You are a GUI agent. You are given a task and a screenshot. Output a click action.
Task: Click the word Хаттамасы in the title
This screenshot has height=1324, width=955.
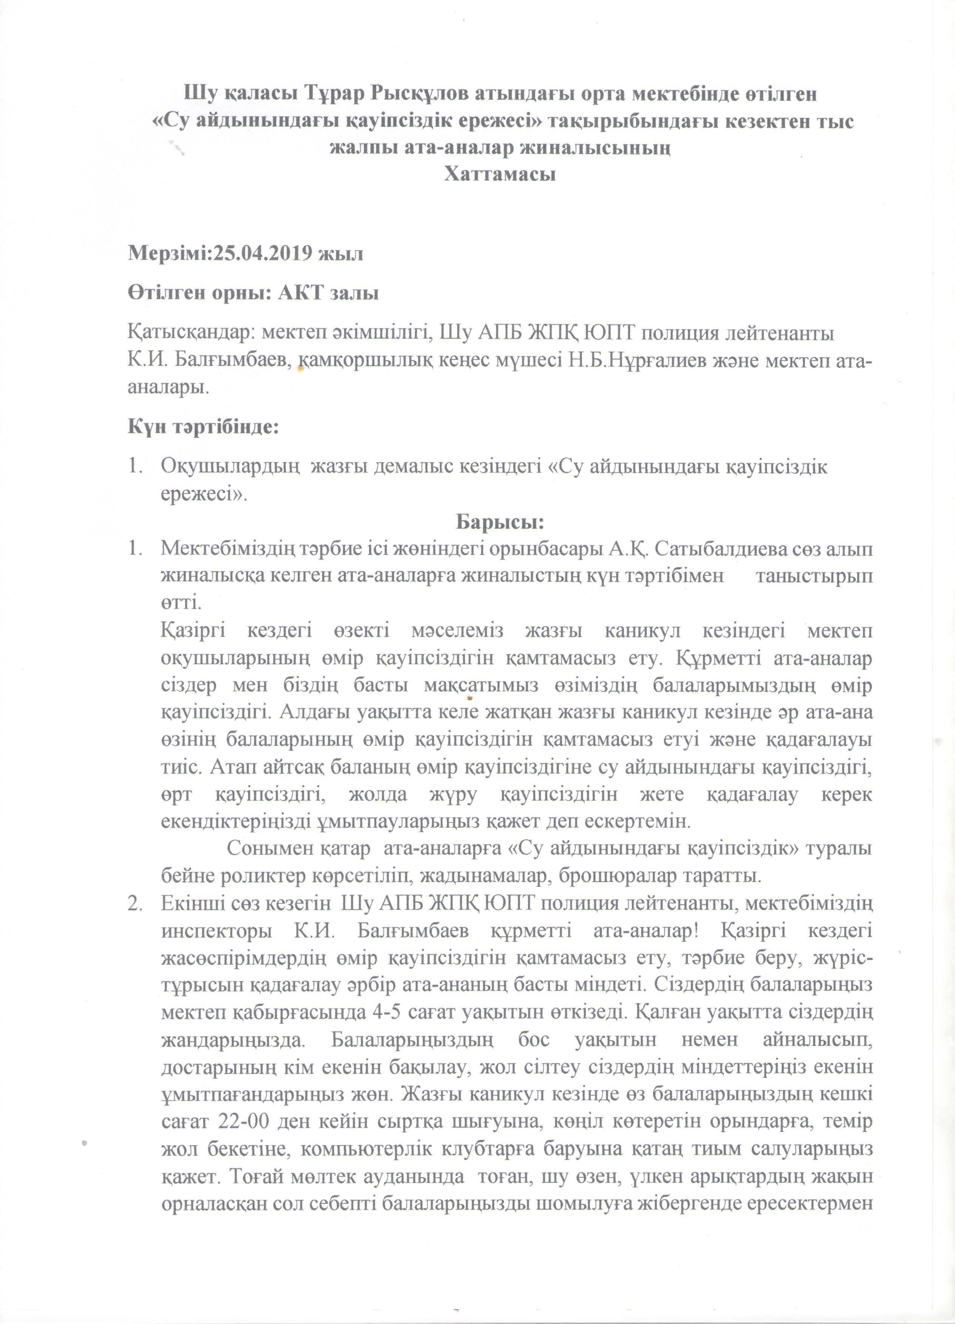pyautogui.click(x=499, y=174)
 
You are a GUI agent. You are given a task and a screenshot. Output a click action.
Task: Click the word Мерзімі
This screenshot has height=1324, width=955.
pyautogui.click(x=168, y=254)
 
